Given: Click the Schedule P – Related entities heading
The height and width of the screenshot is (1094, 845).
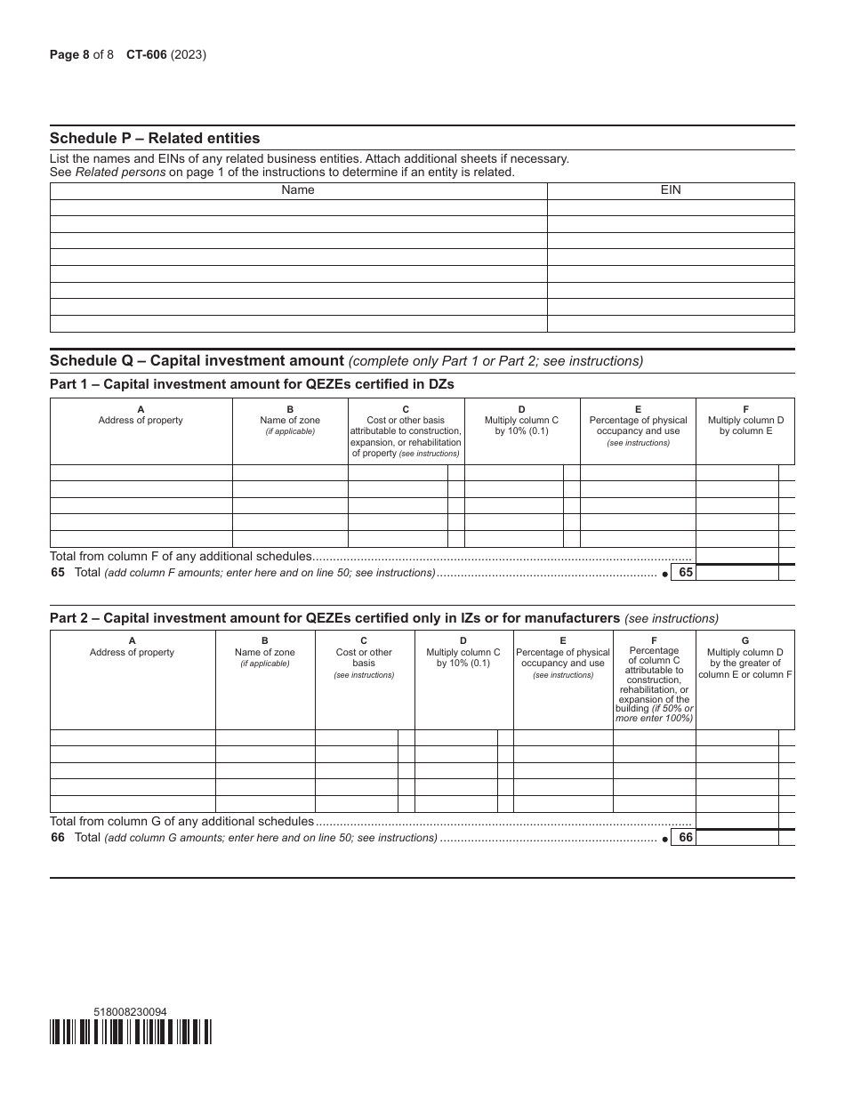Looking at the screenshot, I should tap(155, 138).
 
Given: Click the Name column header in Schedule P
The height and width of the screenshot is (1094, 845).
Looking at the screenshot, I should tap(298, 190).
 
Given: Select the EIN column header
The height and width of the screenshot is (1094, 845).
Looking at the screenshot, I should tap(671, 190).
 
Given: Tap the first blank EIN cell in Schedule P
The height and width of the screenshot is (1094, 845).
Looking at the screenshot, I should tap(671, 207).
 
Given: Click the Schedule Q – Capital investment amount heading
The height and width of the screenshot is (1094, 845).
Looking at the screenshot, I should tap(197, 360).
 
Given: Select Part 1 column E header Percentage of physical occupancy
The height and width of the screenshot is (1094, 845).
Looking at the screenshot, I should tap(638, 425).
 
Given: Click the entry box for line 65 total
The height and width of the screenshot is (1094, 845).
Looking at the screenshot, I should tap(736, 573).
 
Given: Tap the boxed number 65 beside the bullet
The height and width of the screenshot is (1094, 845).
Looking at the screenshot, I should tap(685, 573).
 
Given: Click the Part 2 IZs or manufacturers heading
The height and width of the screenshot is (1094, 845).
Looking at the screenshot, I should tap(334, 617).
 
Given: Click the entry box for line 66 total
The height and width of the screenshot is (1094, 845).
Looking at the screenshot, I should tap(736, 838).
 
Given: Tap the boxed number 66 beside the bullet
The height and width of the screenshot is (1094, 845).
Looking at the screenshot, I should tap(685, 838).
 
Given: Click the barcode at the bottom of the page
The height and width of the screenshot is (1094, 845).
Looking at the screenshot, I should tap(131, 1032).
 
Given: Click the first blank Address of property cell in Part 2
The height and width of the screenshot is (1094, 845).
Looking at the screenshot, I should tap(133, 738).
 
